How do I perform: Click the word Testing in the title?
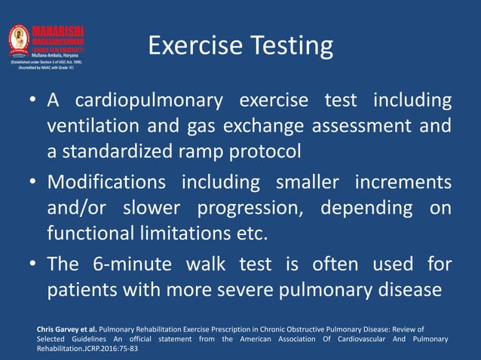coord(288,47)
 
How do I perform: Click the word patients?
coord(83,289)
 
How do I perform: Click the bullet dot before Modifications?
coord(35,183)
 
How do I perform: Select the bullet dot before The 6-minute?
coord(35,264)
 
